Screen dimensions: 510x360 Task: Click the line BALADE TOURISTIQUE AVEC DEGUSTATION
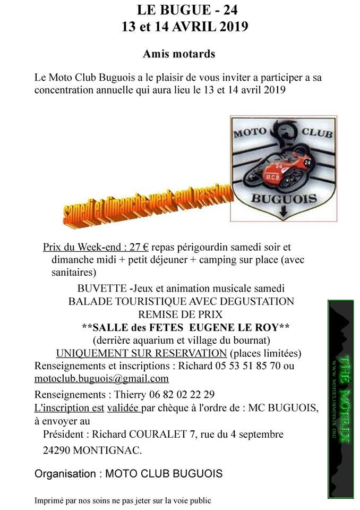[181, 301]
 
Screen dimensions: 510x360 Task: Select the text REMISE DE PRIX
[181, 314]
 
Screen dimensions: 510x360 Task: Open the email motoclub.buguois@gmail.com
[101, 379]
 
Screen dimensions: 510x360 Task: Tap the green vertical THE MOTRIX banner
[340, 398]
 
